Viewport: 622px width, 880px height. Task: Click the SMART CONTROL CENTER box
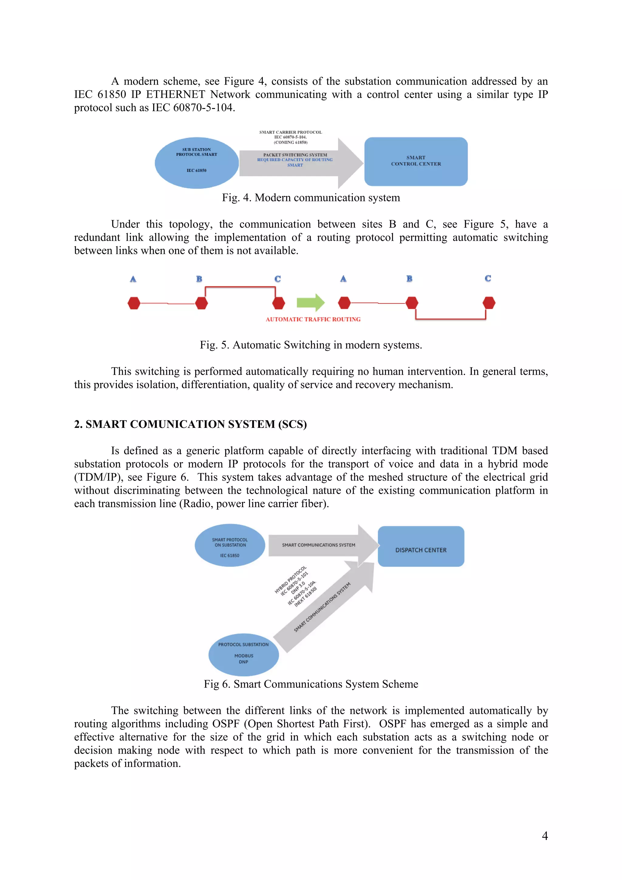(x=416, y=161)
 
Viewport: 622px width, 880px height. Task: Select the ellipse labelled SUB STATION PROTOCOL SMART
(x=197, y=162)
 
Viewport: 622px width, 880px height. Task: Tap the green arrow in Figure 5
(x=310, y=303)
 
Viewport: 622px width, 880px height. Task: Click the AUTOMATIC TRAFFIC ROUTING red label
(x=313, y=319)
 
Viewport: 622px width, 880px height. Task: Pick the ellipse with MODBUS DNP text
(x=243, y=655)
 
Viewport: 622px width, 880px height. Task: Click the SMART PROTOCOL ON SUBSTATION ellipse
(x=230, y=545)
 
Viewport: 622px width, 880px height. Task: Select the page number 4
(x=545, y=836)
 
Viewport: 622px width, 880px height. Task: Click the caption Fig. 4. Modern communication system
(x=311, y=198)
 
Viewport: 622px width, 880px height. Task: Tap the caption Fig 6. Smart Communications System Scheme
(x=311, y=684)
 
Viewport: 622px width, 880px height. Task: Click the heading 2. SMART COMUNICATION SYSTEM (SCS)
(x=190, y=424)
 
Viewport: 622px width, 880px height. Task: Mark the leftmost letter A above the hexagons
(x=133, y=279)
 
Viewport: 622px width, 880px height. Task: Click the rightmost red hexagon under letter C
(x=489, y=303)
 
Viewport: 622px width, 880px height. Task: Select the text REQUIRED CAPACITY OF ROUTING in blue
(x=295, y=160)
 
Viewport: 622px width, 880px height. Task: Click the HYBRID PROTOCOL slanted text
(x=290, y=579)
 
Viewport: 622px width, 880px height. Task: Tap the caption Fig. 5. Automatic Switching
(x=311, y=345)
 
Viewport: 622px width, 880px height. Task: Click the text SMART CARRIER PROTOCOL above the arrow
(x=290, y=132)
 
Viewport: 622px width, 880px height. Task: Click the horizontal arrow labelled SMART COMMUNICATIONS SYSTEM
(x=319, y=545)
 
